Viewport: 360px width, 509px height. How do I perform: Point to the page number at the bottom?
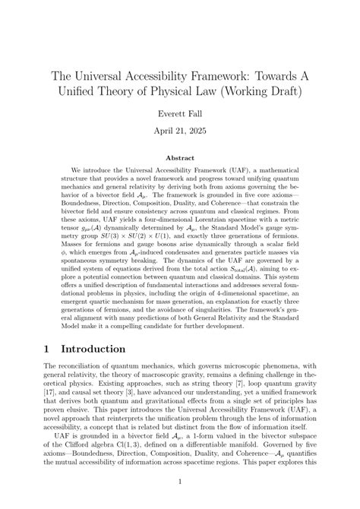179,482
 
